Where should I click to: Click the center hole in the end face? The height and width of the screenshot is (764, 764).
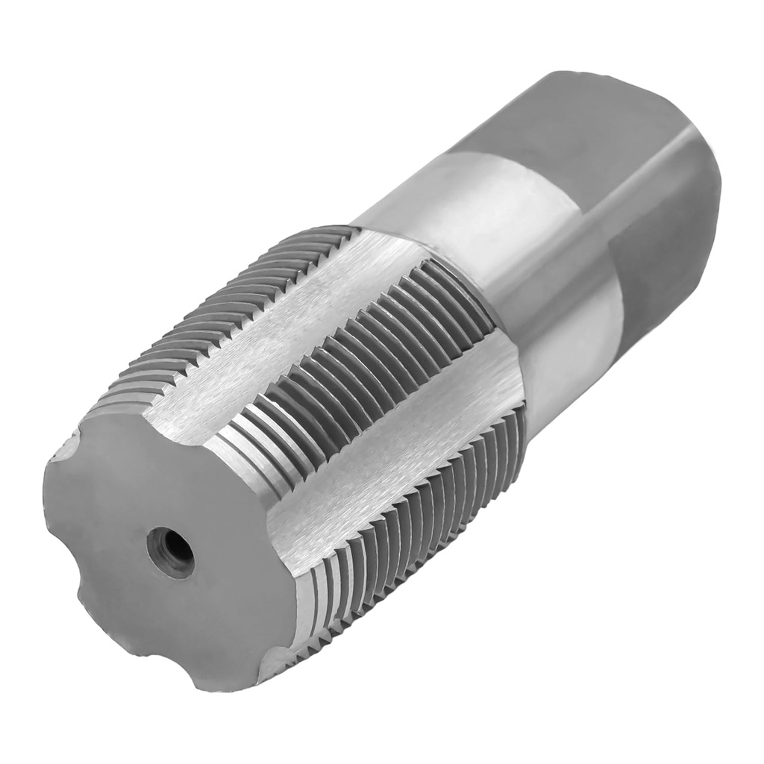point(170,551)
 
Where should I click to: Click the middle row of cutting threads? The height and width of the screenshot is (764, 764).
point(358,366)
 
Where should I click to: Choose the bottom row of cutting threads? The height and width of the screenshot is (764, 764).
point(418,522)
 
